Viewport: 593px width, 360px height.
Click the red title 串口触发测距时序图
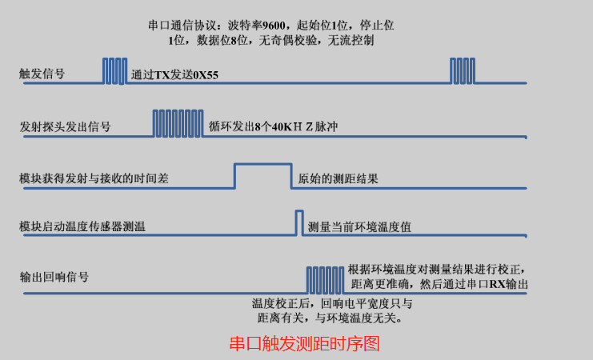tap(303, 344)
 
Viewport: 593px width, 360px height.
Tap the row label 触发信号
tap(42, 74)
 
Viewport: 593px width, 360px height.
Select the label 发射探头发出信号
tap(65, 126)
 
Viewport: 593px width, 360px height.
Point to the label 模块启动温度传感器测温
tap(82, 226)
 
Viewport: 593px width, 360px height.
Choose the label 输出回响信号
tap(54, 278)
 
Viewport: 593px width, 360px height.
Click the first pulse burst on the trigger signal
tap(114, 70)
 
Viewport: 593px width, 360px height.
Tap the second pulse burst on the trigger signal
tap(463, 70)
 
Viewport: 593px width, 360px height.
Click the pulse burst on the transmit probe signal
tap(177, 123)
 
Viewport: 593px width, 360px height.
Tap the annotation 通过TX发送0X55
tap(175, 76)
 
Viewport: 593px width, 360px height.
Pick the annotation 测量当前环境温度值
tap(360, 226)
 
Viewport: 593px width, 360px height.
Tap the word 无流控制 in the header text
tap(351, 39)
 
